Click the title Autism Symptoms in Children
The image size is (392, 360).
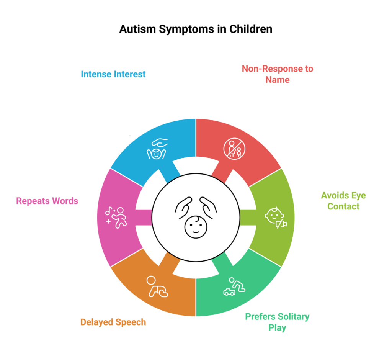point(196,29)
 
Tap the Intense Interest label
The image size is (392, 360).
point(113,74)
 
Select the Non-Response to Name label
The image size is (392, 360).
point(277,74)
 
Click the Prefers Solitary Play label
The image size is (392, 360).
point(277,322)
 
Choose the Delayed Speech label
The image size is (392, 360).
point(113,322)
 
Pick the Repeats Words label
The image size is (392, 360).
point(47,201)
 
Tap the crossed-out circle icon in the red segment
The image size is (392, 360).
point(234,149)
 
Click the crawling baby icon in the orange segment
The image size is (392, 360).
point(157,286)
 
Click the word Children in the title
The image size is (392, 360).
point(251,29)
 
